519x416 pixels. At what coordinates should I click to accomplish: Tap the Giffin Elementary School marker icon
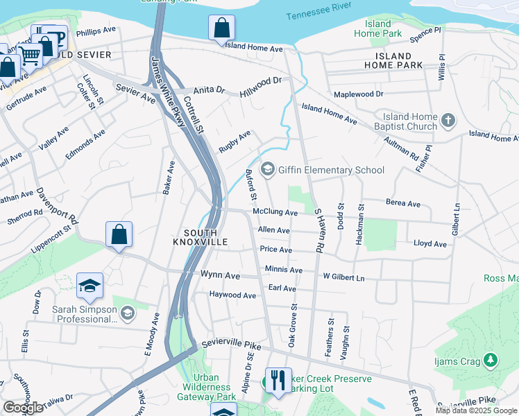click(x=266, y=170)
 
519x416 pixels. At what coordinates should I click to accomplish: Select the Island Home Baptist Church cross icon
click(x=448, y=121)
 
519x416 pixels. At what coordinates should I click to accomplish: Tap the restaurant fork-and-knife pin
click(x=278, y=379)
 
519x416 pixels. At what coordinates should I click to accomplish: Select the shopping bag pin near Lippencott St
click(x=119, y=234)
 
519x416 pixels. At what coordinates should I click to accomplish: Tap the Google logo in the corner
click(x=23, y=408)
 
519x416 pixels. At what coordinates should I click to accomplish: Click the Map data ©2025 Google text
click(x=476, y=410)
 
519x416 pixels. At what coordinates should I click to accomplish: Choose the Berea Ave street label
click(x=403, y=204)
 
